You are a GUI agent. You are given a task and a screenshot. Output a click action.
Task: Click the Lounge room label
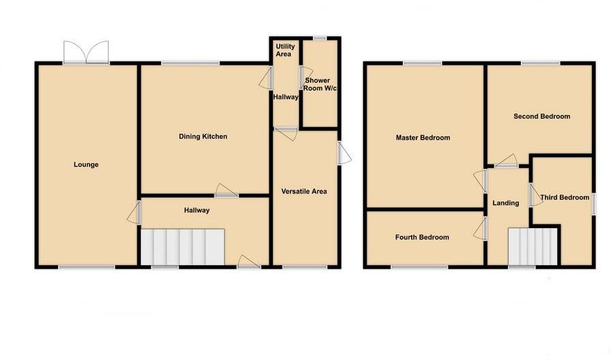pos(87,165)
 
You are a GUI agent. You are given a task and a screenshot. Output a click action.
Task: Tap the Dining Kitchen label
pos(203,137)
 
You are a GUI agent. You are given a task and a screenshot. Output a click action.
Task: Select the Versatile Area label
pos(304,191)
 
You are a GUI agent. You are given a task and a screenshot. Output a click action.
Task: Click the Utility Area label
pos(283,49)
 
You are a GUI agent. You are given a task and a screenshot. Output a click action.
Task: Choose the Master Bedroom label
pos(423,137)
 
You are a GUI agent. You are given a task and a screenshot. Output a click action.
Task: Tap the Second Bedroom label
pos(541,116)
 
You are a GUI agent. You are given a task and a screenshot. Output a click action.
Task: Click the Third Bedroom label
pos(564,197)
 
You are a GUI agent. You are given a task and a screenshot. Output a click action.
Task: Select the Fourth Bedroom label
pos(422,237)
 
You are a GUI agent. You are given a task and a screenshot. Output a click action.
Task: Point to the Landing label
pos(506,203)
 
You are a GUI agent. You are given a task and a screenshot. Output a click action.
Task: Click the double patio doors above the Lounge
pos(86,52)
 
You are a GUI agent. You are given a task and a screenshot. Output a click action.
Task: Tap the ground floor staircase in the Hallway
pos(182,246)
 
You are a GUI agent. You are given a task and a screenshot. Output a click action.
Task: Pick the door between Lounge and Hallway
pos(134,215)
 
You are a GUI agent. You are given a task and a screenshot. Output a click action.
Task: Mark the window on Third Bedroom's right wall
pos(593,205)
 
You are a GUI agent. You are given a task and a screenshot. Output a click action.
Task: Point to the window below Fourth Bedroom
pos(419,267)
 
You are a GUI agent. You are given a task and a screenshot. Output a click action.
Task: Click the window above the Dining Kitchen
pos(190,64)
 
